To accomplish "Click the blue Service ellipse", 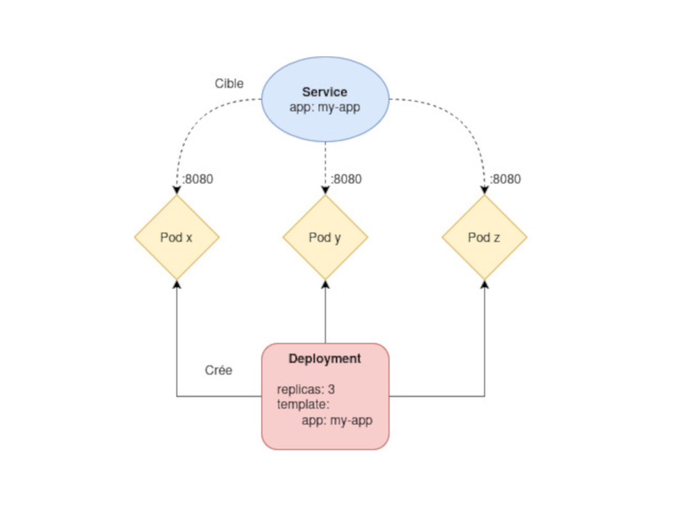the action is tap(325, 99).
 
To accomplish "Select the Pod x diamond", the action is tap(177, 237).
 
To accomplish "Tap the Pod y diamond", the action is tap(325, 237).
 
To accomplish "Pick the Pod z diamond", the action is tap(484, 237).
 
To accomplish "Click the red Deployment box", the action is tap(325, 396).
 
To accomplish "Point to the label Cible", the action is tap(229, 83).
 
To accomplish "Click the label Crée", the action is tap(219, 370).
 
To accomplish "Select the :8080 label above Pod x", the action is tap(198, 179).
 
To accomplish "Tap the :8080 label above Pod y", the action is tap(347, 179).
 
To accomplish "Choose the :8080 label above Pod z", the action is tap(506, 179).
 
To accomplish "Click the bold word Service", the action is tap(325, 92).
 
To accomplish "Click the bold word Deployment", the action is tap(325, 358).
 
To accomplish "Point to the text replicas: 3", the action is tap(306, 389).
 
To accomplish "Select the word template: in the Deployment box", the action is tap(303, 405).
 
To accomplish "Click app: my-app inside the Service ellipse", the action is tap(325, 107).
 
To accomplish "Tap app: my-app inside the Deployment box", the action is tap(337, 421).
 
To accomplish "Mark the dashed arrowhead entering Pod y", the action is tap(325, 190).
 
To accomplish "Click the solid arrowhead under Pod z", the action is tap(484, 285).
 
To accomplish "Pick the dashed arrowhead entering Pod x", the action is tap(177, 190).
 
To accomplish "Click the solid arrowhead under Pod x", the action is tap(177, 285).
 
